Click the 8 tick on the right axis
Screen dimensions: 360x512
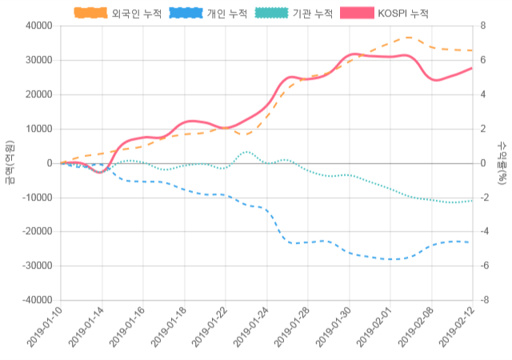pos(483,26)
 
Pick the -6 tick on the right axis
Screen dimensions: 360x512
pos(485,266)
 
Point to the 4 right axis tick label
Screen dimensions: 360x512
pos(483,94)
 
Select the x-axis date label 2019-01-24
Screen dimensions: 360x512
pos(251,328)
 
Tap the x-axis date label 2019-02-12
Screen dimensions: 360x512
pos(456,328)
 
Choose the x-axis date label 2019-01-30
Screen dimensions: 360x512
pos(333,328)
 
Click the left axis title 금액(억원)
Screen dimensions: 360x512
pos(9,162)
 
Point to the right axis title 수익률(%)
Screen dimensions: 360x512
pos(502,162)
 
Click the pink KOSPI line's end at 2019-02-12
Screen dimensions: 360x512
pos(472,68)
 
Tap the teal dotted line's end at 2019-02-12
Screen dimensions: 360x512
pos(472,200)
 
